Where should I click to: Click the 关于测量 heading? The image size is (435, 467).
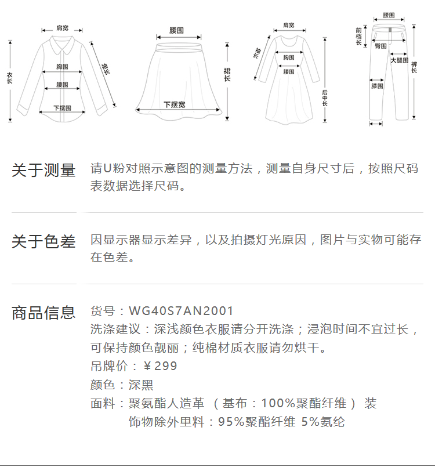43,171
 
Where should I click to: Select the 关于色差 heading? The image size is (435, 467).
43,241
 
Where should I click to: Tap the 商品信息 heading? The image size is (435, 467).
43,313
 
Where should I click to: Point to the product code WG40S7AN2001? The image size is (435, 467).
181,312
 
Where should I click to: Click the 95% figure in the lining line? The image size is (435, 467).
231,422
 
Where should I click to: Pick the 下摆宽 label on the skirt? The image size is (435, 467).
175,105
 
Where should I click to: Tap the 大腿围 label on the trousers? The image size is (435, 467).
399,60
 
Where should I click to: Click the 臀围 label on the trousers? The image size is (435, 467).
381,46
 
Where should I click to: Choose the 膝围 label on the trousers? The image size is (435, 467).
377,86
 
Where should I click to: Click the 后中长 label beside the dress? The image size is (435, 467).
325,99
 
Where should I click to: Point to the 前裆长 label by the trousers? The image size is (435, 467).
358,36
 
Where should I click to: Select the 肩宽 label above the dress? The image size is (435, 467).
289,26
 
